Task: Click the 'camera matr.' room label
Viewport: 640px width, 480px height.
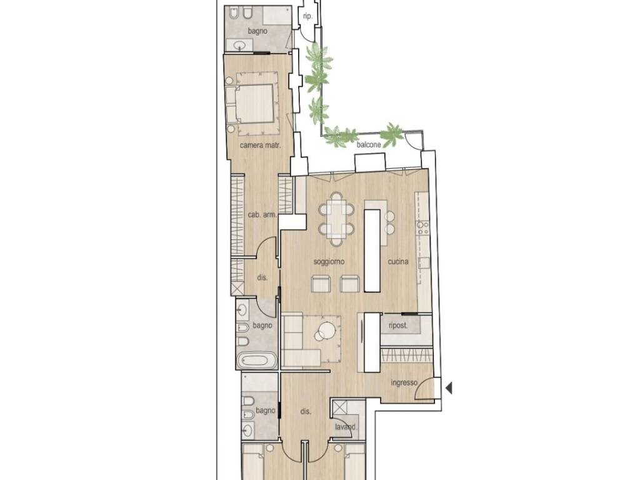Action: pyautogui.click(x=261, y=145)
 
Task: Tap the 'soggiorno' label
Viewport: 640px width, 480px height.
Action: pyautogui.click(x=329, y=262)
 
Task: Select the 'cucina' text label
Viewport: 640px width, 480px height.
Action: pyautogui.click(x=398, y=262)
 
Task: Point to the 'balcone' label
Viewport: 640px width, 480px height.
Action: pyautogui.click(x=369, y=144)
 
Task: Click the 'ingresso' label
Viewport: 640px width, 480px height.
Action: pyautogui.click(x=404, y=383)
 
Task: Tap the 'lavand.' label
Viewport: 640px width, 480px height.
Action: pyautogui.click(x=346, y=427)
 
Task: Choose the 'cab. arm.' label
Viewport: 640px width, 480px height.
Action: pyautogui.click(x=262, y=215)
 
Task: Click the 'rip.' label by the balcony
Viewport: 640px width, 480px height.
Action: pyautogui.click(x=307, y=17)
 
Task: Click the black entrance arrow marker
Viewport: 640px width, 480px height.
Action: pyautogui.click(x=449, y=387)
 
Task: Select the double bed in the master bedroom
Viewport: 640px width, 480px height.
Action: pyautogui.click(x=250, y=103)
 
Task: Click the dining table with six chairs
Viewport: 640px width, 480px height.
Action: pyautogui.click(x=336, y=219)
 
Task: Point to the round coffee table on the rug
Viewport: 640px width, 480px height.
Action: pyautogui.click(x=327, y=329)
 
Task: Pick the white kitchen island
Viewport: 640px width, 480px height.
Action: pyautogui.click(x=372, y=250)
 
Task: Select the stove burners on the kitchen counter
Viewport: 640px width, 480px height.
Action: pyautogui.click(x=422, y=228)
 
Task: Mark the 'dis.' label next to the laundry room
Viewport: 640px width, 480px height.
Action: pyautogui.click(x=306, y=412)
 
